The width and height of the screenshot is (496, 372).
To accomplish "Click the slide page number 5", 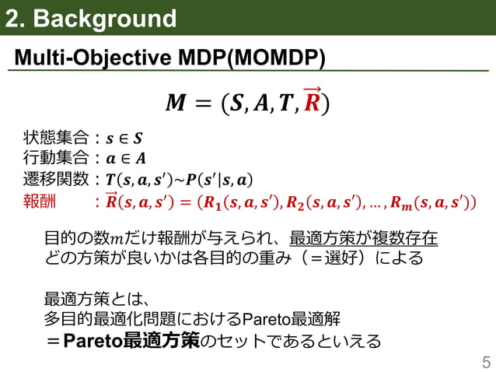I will (486, 361).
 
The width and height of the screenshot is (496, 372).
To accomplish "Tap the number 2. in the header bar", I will (17, 19).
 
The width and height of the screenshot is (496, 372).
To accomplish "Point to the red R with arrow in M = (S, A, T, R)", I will (311, 101).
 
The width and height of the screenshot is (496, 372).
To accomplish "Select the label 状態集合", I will (55, 140).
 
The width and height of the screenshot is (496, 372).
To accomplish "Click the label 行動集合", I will (55, 160).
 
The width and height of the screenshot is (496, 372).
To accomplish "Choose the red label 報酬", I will (40, 203).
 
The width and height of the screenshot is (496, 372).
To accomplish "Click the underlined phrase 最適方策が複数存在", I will (363, 237).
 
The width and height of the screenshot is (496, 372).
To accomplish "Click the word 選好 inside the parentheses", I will (327, 258).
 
